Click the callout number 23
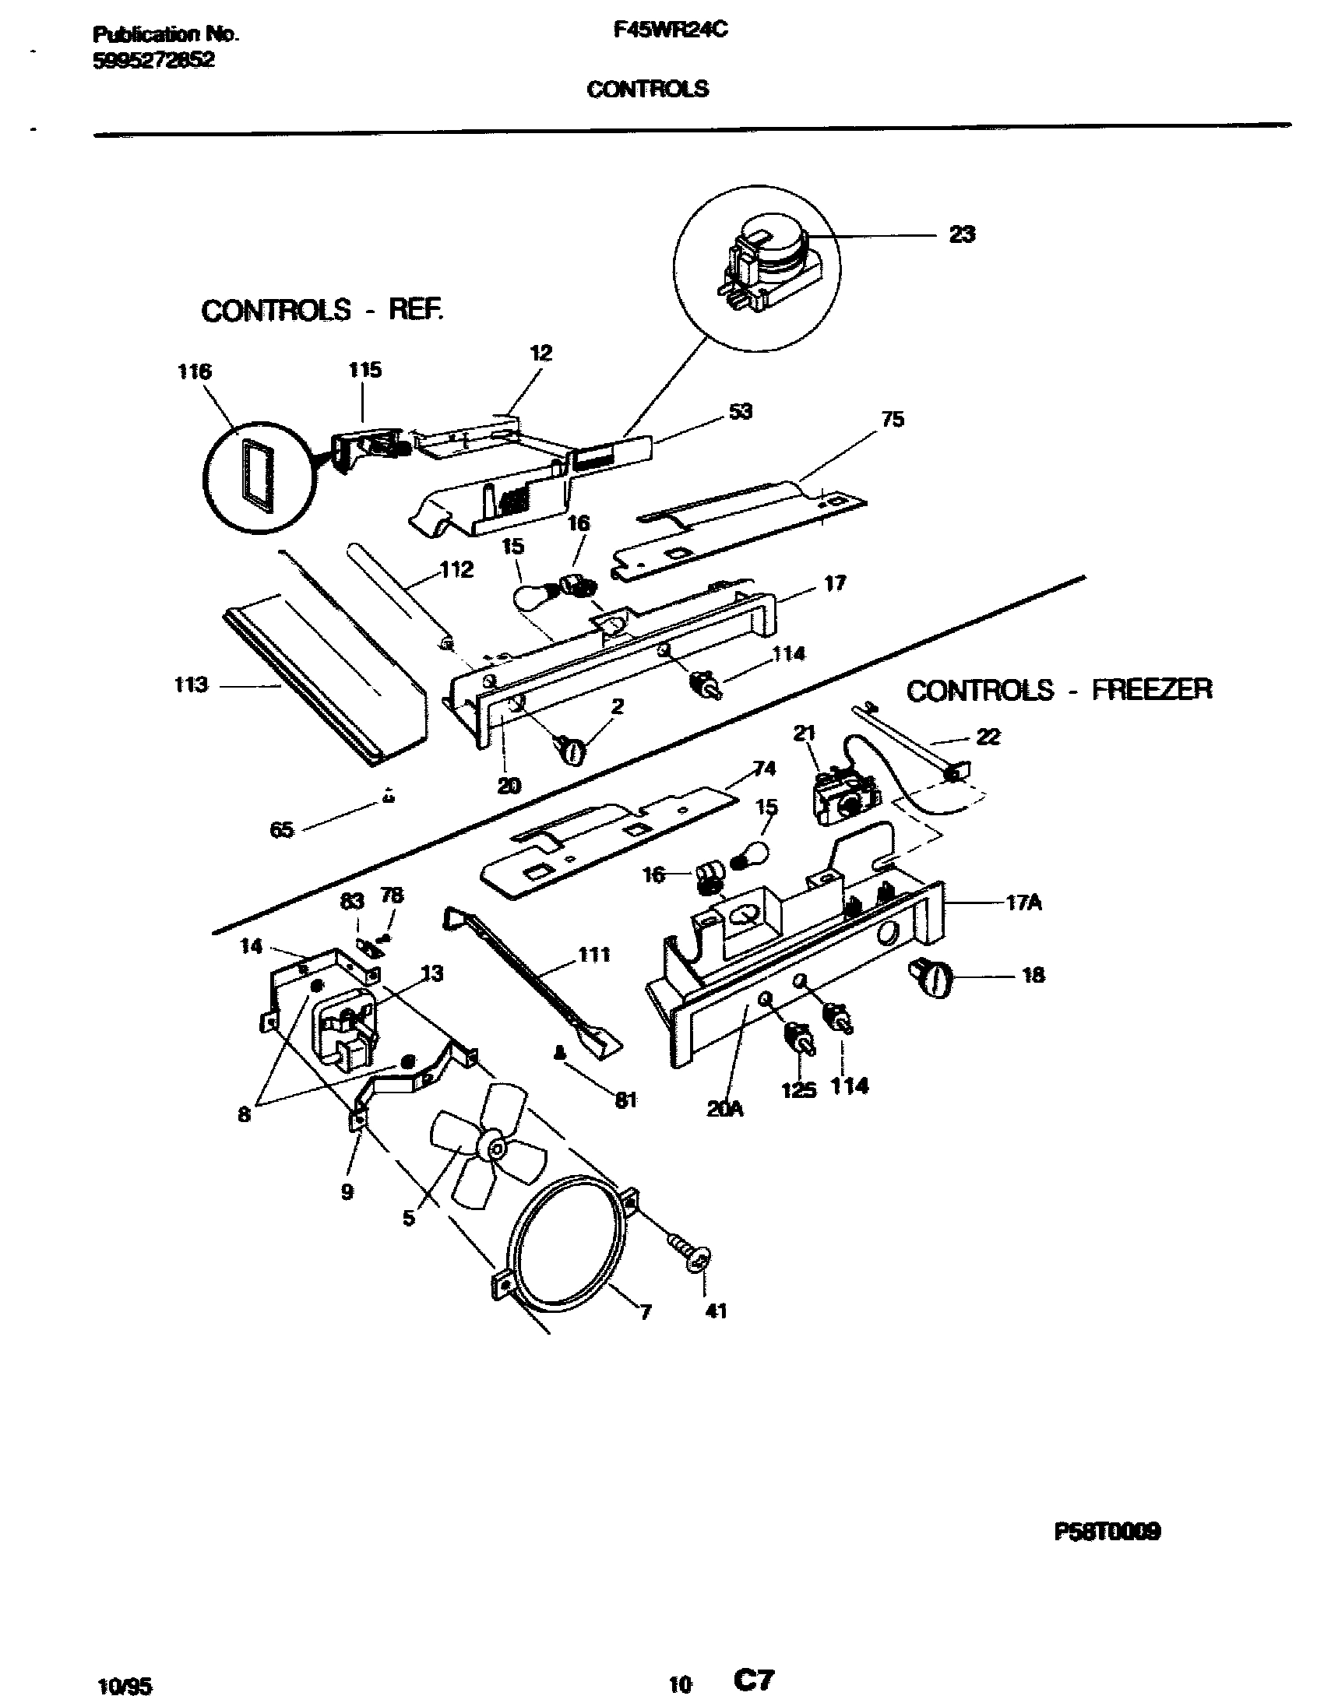pyautogui.click(x=962, y=234)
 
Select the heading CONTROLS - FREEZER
pyautogui.click(x=1059, y=690)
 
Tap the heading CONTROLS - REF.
pyautogui.click(x=322, y=311)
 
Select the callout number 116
pyautogui.click(x=194, y=372)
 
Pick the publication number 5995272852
pyautogui.click(x=153, y=61)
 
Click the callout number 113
pyautogui.click(x=191, y=685)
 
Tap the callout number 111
pyautogui.click(x=593, y=955)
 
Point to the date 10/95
pyautogui.click(x=126, y=1680)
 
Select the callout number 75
pyautogui.click(x=893, y=420)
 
